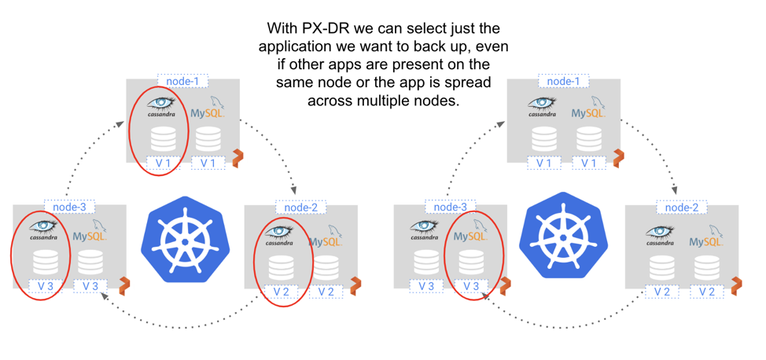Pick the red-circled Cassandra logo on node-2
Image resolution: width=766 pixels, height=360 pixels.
coord(278,235)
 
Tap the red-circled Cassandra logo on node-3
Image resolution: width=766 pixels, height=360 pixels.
coord(43,230)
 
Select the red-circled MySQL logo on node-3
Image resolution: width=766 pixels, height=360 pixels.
coord(470,233)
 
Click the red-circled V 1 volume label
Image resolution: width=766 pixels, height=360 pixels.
coord(163,163)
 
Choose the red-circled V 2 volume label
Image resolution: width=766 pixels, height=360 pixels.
coord(282,292)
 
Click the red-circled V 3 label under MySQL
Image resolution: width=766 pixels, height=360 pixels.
coord(470,287)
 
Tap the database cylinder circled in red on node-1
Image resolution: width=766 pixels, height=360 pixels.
coord(163,139)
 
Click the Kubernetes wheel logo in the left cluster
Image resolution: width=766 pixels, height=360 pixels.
coord(185,239)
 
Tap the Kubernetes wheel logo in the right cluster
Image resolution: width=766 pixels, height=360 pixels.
coord(565,237)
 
